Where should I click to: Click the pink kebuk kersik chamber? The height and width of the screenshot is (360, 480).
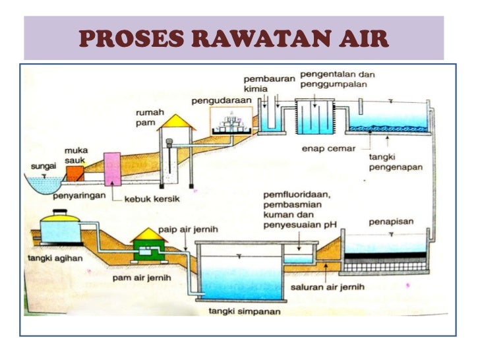click(x=111, y=169)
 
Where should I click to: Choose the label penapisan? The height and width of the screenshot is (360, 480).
click(x=394, y=222)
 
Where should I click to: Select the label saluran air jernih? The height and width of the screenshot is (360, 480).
click(x=327, y=288)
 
